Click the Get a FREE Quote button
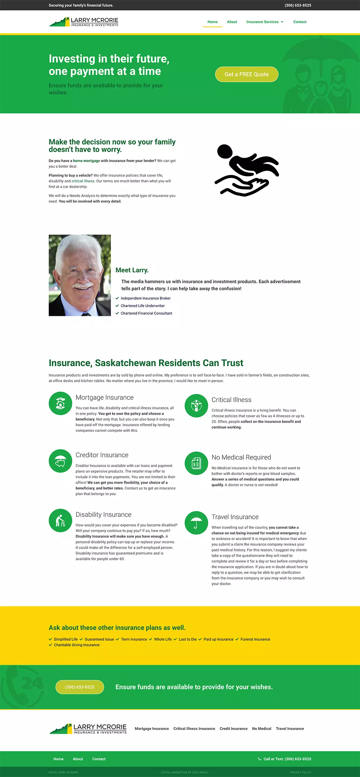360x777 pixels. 246,74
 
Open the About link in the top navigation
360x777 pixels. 232,22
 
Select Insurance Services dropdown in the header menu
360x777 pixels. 264,22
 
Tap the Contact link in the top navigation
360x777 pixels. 300,22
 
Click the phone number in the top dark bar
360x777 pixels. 298,5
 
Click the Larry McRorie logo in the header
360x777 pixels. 84,22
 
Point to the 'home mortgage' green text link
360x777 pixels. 86,161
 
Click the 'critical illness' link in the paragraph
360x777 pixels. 83,181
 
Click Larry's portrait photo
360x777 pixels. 79,275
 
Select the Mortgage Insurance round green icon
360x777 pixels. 60,404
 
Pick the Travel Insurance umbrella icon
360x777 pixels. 196,523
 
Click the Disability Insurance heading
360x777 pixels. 103,514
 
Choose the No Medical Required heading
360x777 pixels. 241,457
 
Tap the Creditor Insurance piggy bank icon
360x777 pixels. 60,461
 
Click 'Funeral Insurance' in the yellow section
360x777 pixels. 255,639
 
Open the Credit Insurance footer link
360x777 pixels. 233,729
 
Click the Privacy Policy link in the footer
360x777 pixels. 300,772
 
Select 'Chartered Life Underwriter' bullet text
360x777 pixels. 142,306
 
